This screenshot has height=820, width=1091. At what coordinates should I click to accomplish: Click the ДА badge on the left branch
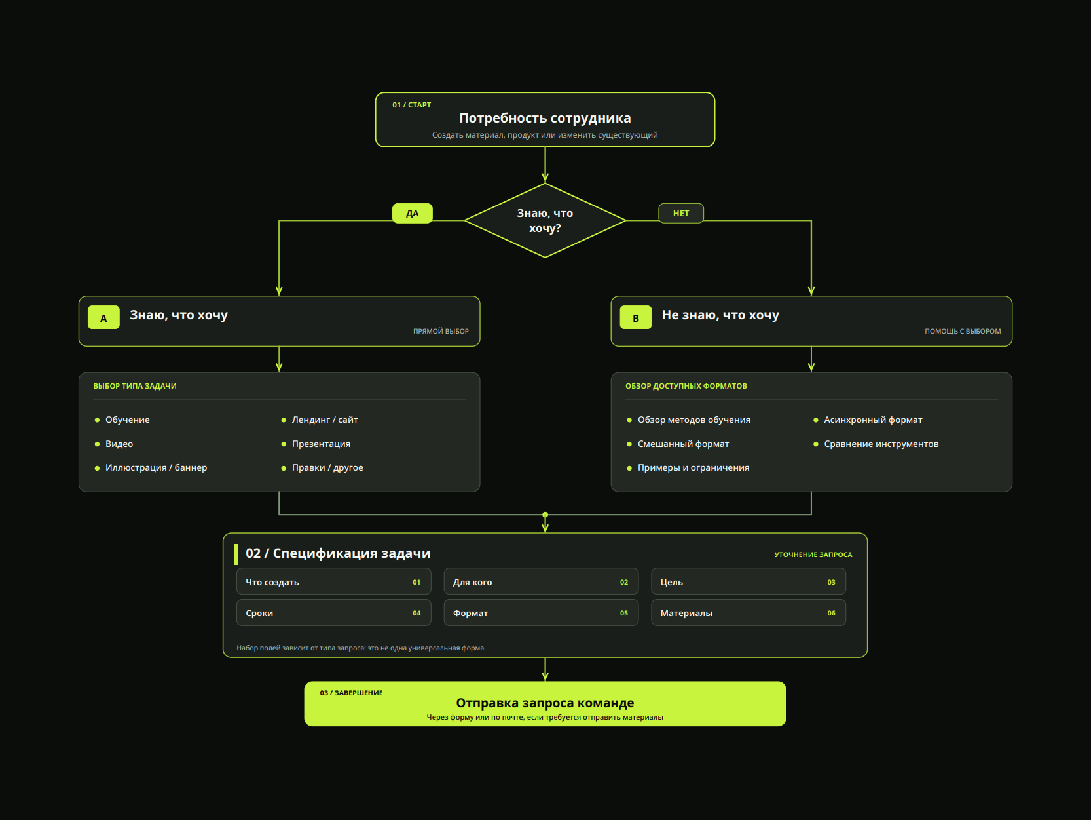[x=412, y=213]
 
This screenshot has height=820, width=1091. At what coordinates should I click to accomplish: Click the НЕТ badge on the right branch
[x=680, y=213]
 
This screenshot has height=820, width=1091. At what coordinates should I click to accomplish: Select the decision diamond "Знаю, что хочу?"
[x=545, y=220]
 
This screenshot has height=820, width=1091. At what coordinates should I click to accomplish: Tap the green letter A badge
[x=103, y=317]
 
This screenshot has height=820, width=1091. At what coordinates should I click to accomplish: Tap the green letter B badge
[x=635, y=317]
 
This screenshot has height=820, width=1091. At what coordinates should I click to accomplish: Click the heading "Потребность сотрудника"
[x=545, y=118]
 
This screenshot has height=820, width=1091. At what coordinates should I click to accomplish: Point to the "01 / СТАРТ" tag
[x=411, y=105]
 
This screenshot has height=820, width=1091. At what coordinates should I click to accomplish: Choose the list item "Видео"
[x=119, y=444]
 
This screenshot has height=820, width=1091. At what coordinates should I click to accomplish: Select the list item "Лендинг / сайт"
[x=325, y=420]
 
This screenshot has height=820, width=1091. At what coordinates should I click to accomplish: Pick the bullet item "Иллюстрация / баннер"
[x=156, y=467]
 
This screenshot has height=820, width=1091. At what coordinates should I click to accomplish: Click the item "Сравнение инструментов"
[x=881, y=444]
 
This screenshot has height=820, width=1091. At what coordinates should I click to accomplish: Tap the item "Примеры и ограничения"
[x=693, y=467]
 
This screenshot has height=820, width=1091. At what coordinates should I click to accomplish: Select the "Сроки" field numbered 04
[x=333, y=613]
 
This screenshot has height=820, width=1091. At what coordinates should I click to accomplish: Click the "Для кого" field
[x=541, y=581]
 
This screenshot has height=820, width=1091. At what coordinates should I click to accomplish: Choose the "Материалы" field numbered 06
[x=748, y=613]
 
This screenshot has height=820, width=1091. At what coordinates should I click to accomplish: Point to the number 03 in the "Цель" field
[x=831, y=582]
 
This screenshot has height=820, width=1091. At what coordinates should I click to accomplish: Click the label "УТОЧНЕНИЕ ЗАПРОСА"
[x=813, y=555]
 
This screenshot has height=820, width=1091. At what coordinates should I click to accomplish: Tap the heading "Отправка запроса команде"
[x=545, y=703]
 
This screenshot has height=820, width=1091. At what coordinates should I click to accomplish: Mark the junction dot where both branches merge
[x=545, y=515]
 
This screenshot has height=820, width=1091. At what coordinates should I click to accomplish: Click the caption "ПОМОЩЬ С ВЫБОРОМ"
[x=962, y=331]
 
